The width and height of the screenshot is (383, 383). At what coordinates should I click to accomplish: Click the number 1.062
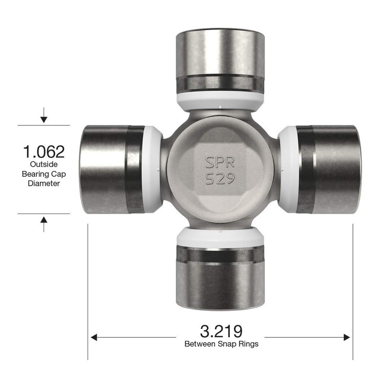tap(44, 152)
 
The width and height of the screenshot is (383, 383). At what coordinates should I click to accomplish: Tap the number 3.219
tap(221, 331)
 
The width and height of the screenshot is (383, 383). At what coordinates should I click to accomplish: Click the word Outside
tap(44, 164)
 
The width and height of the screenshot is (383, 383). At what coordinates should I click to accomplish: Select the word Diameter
tap(44, 183)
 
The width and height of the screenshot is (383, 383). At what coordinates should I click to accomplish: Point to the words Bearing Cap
tap(44, 174)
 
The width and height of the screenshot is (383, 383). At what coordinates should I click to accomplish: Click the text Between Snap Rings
tap(221, 344)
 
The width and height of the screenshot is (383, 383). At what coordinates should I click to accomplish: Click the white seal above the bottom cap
tap(220, 237)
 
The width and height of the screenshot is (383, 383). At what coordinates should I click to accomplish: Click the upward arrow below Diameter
tap(44, 221)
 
